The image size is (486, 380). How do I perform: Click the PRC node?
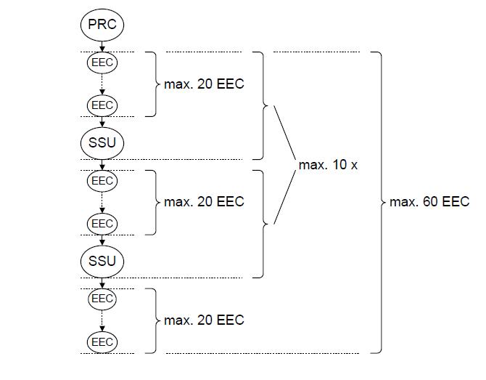pyautogui.click(x=102, y=24)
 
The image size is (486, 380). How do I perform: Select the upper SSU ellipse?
pyautogui.click(x=102, y=142)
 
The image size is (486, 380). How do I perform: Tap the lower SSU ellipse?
pyautogui.click(x=102, y=261)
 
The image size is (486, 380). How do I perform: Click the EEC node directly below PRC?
pyautogui.click(x=102, y=62)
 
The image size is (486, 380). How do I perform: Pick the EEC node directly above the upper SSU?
pyautogui.click(x=102, y=105)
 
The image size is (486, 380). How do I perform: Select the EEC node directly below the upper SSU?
pyautogui.click(x=102, y=180)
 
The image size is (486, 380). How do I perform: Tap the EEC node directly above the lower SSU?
pyautogui.click(x=102, y=223)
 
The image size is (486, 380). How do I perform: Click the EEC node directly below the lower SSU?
pyautogui.click(x=102, y=299)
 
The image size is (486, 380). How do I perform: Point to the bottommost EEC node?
pyautogui.click(x=102, y=341)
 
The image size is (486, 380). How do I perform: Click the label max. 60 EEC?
pyautogui.click(x=429, y=202)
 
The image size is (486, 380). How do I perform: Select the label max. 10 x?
pyautogui.click(x=328, y=165)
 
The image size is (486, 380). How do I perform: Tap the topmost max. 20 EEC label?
pyautogui.click(x=204, y=84)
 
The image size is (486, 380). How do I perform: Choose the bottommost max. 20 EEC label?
pyautogui.click(x=204, y=320)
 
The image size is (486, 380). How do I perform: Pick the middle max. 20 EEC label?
pyautogui.click(x=204, y=201)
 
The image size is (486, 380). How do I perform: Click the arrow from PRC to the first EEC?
pyautogui.click(x=102, y=45)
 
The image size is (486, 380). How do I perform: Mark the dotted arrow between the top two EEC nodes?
pyautogui.click(x=102, y=84)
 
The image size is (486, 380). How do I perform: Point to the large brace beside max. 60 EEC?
pyautogui.click(x=378, y=202)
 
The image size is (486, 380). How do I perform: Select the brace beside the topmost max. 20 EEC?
pyautogui.click(x=152, y=84)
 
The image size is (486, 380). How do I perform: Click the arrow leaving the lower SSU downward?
pyautogui.click(x=102, y=283)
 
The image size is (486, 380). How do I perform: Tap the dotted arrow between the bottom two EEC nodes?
pyautogui.click(x=102, y=320)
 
